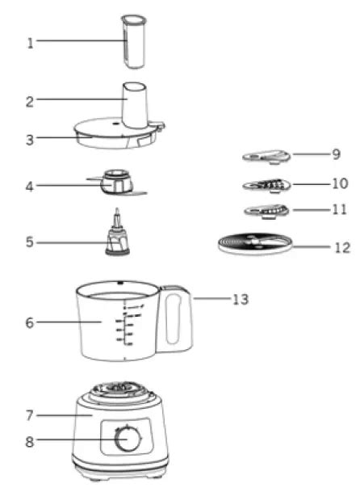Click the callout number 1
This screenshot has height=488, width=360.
(31, 43)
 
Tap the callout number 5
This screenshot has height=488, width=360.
(31, 242)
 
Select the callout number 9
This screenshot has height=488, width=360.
(335, 154)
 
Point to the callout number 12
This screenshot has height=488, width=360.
(341, 247)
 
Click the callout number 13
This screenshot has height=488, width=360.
(240, 300)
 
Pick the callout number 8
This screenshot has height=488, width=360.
(31, 441)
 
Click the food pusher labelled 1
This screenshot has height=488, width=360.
(131, 40)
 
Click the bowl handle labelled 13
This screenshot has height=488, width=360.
(175, 320)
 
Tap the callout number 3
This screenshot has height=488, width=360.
(30, 140)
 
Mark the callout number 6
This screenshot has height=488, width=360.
(30, 323)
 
